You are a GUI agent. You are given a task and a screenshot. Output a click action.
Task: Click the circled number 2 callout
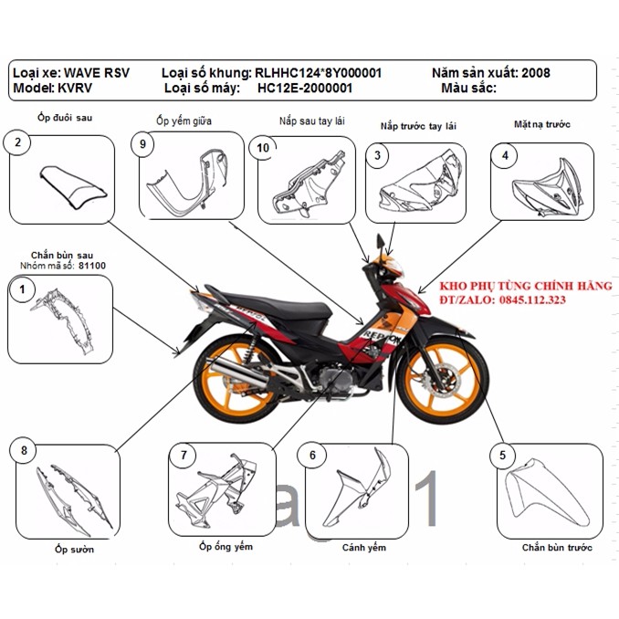tap(17, 142)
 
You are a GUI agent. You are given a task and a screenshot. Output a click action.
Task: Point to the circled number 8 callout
tap(23, 450)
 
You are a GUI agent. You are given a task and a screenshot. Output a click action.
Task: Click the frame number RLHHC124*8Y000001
tap(318, 72)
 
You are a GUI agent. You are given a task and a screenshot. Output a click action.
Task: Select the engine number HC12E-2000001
tap(305, 89)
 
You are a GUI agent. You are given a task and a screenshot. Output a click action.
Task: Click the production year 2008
tap(535, 72)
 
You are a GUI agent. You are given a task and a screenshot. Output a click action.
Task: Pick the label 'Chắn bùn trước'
tap(557, 548)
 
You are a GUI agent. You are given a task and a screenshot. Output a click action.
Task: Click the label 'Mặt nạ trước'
tap(543, 123)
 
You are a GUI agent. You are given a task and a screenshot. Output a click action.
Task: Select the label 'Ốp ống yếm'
tap(226, 547)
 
